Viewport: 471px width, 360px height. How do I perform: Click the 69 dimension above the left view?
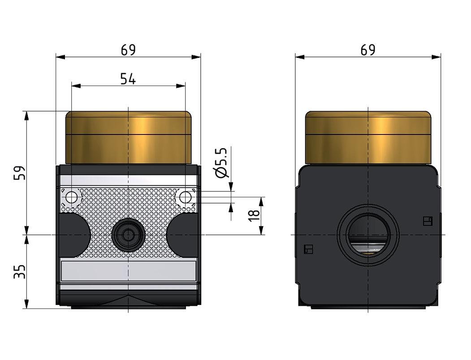click(128, 50)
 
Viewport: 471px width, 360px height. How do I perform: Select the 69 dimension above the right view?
click(367, 50)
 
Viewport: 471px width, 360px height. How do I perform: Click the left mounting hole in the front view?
click(72, 197)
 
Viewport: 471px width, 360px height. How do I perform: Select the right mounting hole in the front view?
click(185, 197)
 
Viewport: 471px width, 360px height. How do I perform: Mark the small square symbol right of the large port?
click(428, 221)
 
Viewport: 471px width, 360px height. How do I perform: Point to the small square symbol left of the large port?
click(308, 249)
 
